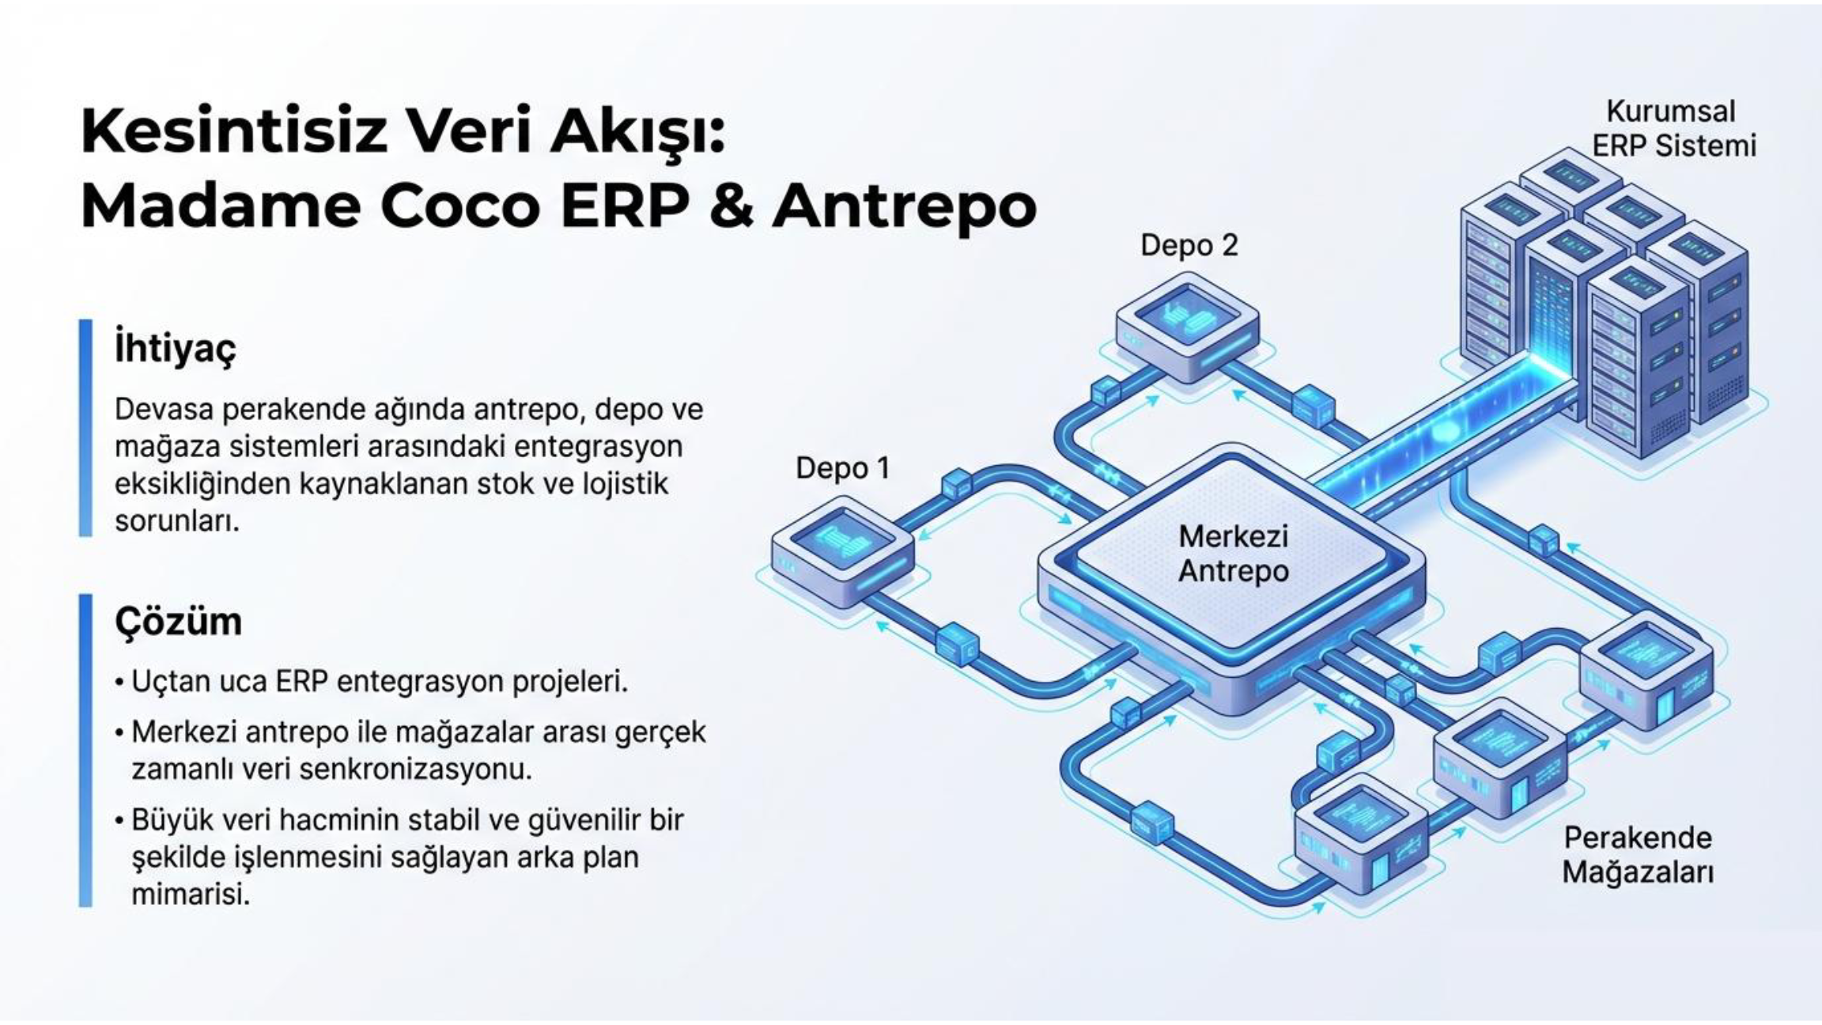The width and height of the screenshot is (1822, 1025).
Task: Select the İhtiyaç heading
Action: pyautogui.click(x=175, y=348)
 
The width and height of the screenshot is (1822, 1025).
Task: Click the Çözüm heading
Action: pyautogui.click(x=179, y=622)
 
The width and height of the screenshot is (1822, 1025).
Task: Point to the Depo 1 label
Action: pyautogui.click(x=842, y=468)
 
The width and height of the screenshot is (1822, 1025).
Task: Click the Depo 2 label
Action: pyautogui.click(x=1189, y=245)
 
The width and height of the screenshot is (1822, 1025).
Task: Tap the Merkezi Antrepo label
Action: pyautogui.click(x=1234, y=554)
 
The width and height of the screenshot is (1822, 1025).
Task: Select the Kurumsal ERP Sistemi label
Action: pyautogui.click(x=1672, y=128)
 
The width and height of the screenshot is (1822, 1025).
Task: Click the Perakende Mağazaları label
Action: pyautogui.click(x=1638, y=855)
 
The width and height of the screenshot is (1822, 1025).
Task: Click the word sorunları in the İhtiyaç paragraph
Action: pyautogui.click(x=176, y=521)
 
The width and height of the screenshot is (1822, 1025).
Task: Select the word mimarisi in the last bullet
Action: pyautogui.click(x=191, y=895)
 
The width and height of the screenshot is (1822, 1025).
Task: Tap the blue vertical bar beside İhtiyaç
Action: pyautogui.click(x=85, y=428)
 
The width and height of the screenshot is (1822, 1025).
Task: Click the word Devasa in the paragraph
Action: pyautogui.click(x=163, y=410)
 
